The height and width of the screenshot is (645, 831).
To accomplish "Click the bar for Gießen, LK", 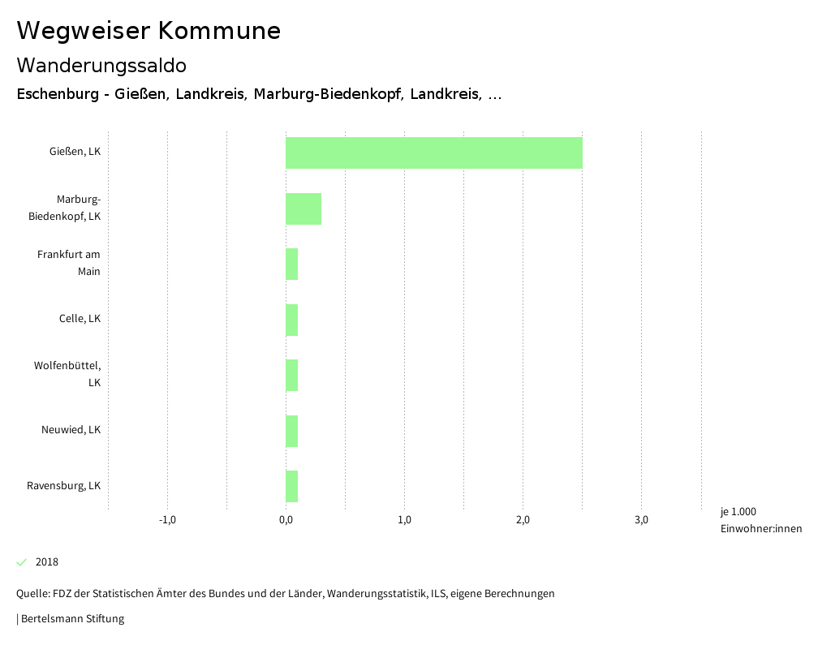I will (433, 153).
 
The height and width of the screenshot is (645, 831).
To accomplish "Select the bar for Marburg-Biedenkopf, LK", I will (304, 209).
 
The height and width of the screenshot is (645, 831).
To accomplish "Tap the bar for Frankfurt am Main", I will (291, 264).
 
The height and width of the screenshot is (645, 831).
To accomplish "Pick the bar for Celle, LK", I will (291, 320).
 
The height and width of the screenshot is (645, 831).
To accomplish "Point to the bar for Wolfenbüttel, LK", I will (291, 375).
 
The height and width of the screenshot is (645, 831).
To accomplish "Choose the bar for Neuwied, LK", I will (291, 431).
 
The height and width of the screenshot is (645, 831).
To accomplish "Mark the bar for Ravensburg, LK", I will (291, 486).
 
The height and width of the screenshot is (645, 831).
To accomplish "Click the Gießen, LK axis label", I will (75, 152).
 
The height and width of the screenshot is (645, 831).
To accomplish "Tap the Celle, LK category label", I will (80, 319).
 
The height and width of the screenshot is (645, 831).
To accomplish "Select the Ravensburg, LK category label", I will (63, 486).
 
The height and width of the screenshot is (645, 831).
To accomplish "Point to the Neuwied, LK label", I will (71, 430).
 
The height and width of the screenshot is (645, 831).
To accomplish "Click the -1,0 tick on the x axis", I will (167, 520).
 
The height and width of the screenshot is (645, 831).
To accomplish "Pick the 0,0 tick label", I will (286, 520).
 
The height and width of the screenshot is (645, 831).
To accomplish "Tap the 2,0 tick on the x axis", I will (523, 520).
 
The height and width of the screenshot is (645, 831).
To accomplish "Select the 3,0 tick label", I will (641, 520).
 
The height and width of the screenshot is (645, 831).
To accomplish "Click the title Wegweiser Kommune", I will (149, 31).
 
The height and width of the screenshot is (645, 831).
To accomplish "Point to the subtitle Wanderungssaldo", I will (101, 65).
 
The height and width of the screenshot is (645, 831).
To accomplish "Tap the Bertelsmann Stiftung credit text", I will (71, 619).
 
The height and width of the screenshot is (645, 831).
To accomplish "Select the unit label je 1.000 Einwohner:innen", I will (760, 520).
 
